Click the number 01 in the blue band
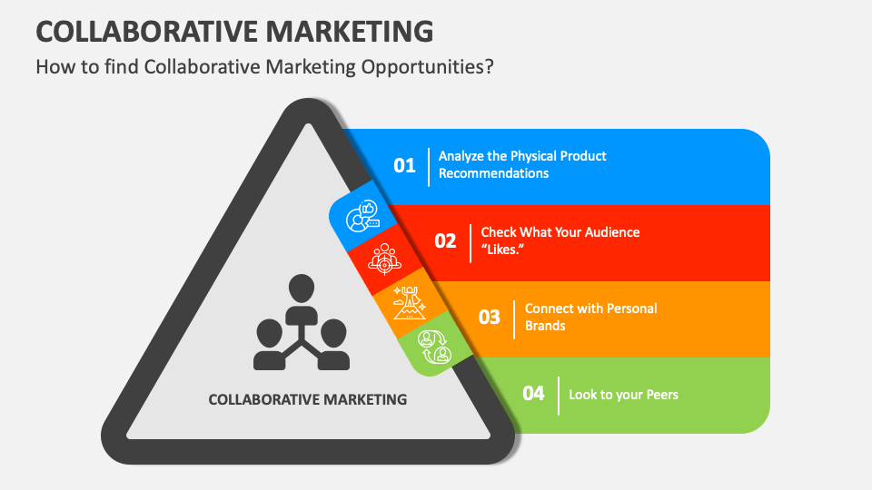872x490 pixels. tap(404, 165)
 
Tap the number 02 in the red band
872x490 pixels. tap(445, 241)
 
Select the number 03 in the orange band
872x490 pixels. tap(490, 318)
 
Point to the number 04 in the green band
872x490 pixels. tap(533, 394)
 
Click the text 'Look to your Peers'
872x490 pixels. tap(623, 395)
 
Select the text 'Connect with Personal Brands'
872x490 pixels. tap(590, 317)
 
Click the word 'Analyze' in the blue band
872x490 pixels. tap(462, 156)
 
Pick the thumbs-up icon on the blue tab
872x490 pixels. tap(362, 217)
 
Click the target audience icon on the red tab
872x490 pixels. tap(383, 258)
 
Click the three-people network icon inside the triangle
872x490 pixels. tap(301, 323)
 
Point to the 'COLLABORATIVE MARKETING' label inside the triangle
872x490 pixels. tap(308, 399)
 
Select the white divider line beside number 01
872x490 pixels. tap(429, 165)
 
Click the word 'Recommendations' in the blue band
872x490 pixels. tap(493, 173)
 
